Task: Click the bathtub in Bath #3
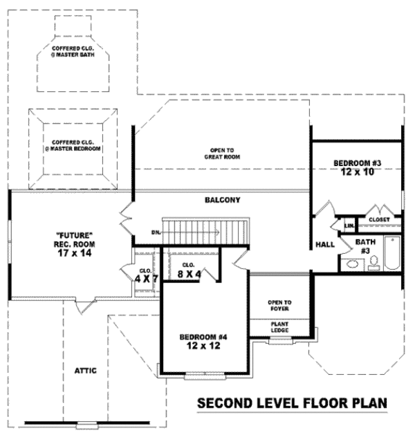point(391,253)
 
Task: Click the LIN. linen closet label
point(349,225)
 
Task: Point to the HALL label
point(325,245)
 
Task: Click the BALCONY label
point(222,201)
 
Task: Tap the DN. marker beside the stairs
point(156,232)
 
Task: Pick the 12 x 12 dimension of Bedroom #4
point(203,346)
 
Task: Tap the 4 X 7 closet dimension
point(147,279)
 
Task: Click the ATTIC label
point(86,371)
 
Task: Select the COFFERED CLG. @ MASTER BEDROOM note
point(72,145)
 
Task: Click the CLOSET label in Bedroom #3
point(379,219)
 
